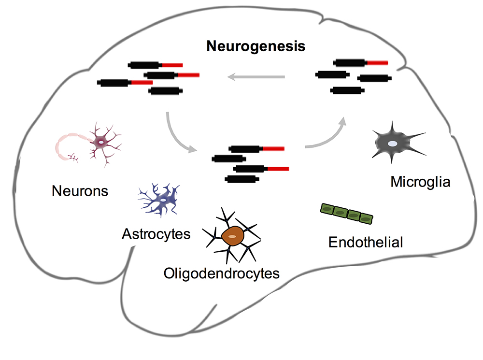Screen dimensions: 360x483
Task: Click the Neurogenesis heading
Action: (256, 47)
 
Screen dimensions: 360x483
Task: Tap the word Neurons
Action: (80, 191)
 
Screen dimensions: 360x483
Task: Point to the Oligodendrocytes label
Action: (222, 273)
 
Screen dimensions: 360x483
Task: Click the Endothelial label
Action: (366, 242)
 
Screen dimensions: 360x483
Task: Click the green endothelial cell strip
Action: (347, 213)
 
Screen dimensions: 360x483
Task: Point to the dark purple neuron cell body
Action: (102, 141)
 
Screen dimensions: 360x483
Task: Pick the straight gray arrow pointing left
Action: (256, 76)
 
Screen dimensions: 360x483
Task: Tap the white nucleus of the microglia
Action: (394, 144)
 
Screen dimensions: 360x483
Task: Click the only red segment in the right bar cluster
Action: (377, 62)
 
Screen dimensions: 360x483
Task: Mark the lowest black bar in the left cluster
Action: (165, 90)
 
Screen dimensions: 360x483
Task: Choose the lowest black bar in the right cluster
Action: (346, 90)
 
